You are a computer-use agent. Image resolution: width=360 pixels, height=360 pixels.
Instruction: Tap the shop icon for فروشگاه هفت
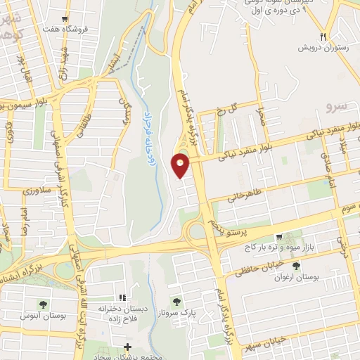[x=65, y=19]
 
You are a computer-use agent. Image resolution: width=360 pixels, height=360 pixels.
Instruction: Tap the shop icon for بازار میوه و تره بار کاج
[x=280, y=237]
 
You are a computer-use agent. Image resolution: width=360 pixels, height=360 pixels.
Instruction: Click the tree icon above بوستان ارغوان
[x=296, y=266]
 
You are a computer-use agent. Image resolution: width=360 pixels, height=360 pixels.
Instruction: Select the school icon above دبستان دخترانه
[x=122, y=298]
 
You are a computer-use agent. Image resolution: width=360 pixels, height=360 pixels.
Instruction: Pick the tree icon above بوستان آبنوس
[x=44, y=304]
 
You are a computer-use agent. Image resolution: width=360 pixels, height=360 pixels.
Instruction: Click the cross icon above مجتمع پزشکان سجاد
[x=127, y=347]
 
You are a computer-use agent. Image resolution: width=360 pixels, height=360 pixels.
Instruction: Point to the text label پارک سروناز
[x=195, y=311]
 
